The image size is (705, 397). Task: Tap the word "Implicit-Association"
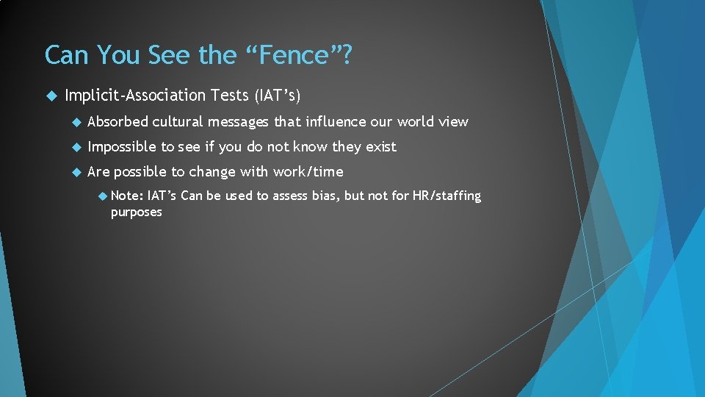click(135, 96)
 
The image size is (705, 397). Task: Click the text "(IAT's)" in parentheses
click(278, 96)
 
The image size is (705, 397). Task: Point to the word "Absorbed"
click(117, 122)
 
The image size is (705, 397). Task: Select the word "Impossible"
click(122, 147)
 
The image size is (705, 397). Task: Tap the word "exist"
click(380, 147)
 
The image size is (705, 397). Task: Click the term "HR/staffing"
click(448, 196)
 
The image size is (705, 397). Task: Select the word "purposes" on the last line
click(137, 212)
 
